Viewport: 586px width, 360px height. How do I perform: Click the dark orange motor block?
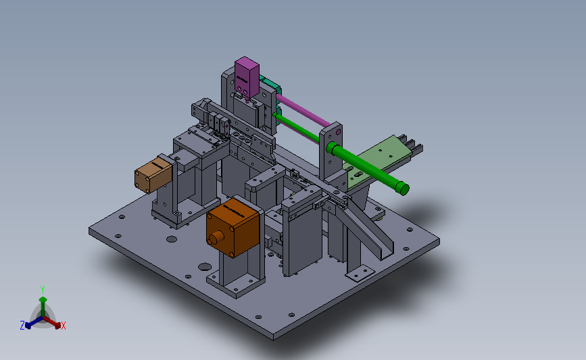tap(233, 227)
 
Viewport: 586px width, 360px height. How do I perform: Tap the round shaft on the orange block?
tap(216, 238)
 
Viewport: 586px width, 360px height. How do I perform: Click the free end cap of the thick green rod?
tap(402, 188)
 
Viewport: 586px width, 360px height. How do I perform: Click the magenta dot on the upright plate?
tap(338, 132)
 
